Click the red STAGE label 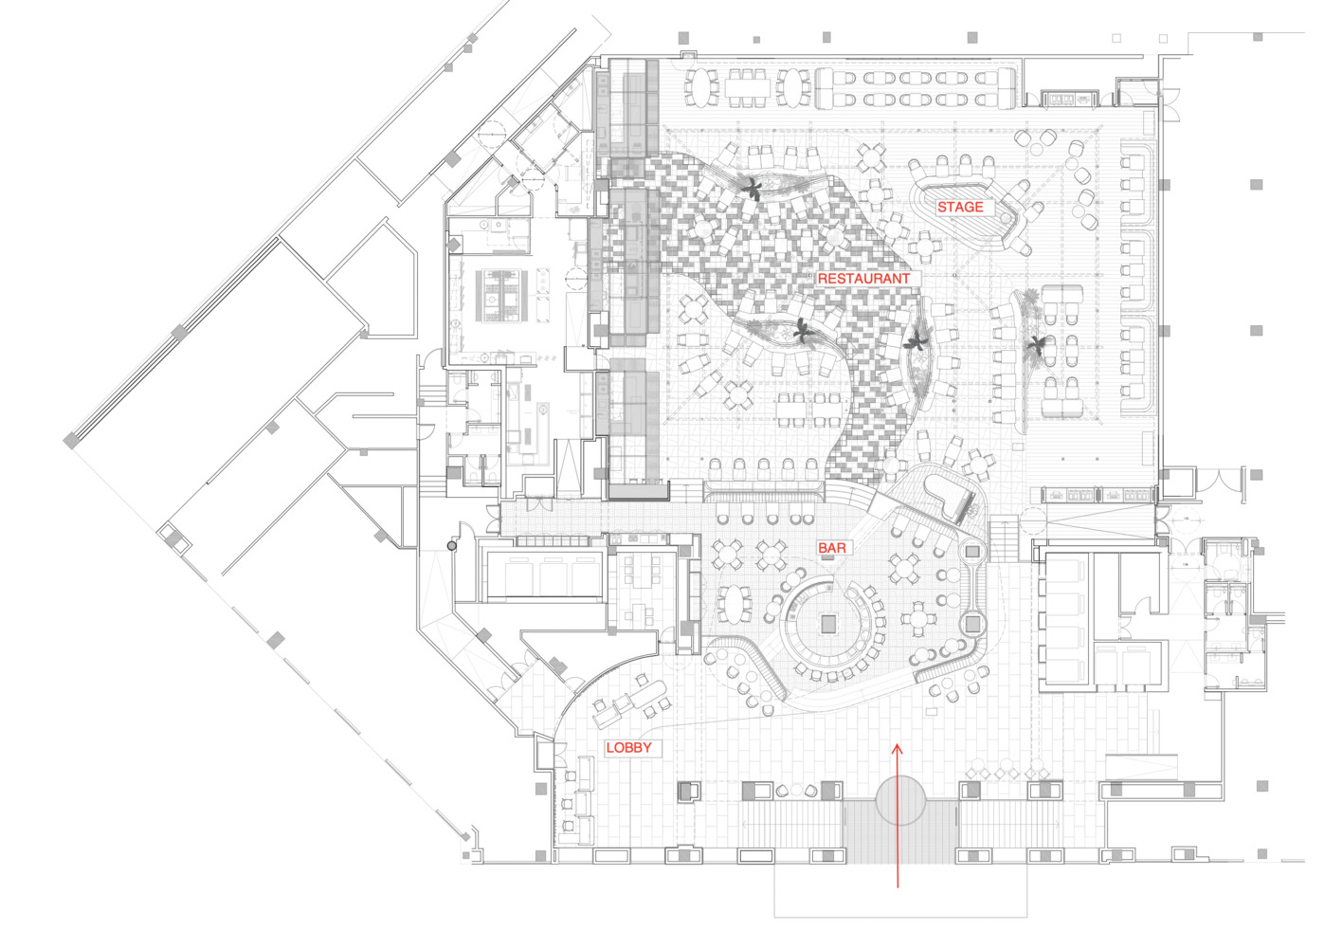point(960,207)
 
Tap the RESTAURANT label point(863,279)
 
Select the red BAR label point(832,548)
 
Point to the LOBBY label point(629,748)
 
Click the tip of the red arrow point(898,746)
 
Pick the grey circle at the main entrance point(899,800)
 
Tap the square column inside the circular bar point(829,623)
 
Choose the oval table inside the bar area point(733,604)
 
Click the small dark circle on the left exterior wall point(452,546)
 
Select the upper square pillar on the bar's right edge point(971,551)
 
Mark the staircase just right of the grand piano point(1003,538)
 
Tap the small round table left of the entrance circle point(783,790)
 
